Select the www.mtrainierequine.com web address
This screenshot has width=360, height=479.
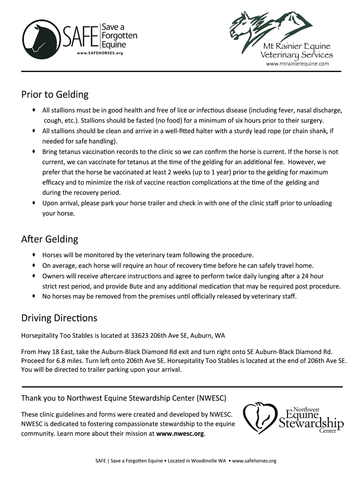point(297,63)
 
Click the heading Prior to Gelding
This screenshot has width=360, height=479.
point(55,95)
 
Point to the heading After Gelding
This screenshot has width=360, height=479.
point(50,239)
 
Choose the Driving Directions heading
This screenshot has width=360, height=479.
point(59,318)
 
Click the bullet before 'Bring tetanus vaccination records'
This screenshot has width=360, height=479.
point(34,152)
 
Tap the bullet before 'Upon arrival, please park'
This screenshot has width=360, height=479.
point(34,203)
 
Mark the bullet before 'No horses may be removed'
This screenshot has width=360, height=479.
point(34,296)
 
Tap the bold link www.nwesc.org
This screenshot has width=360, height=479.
point(180,434)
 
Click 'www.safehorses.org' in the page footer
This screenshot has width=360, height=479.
point(254,461)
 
